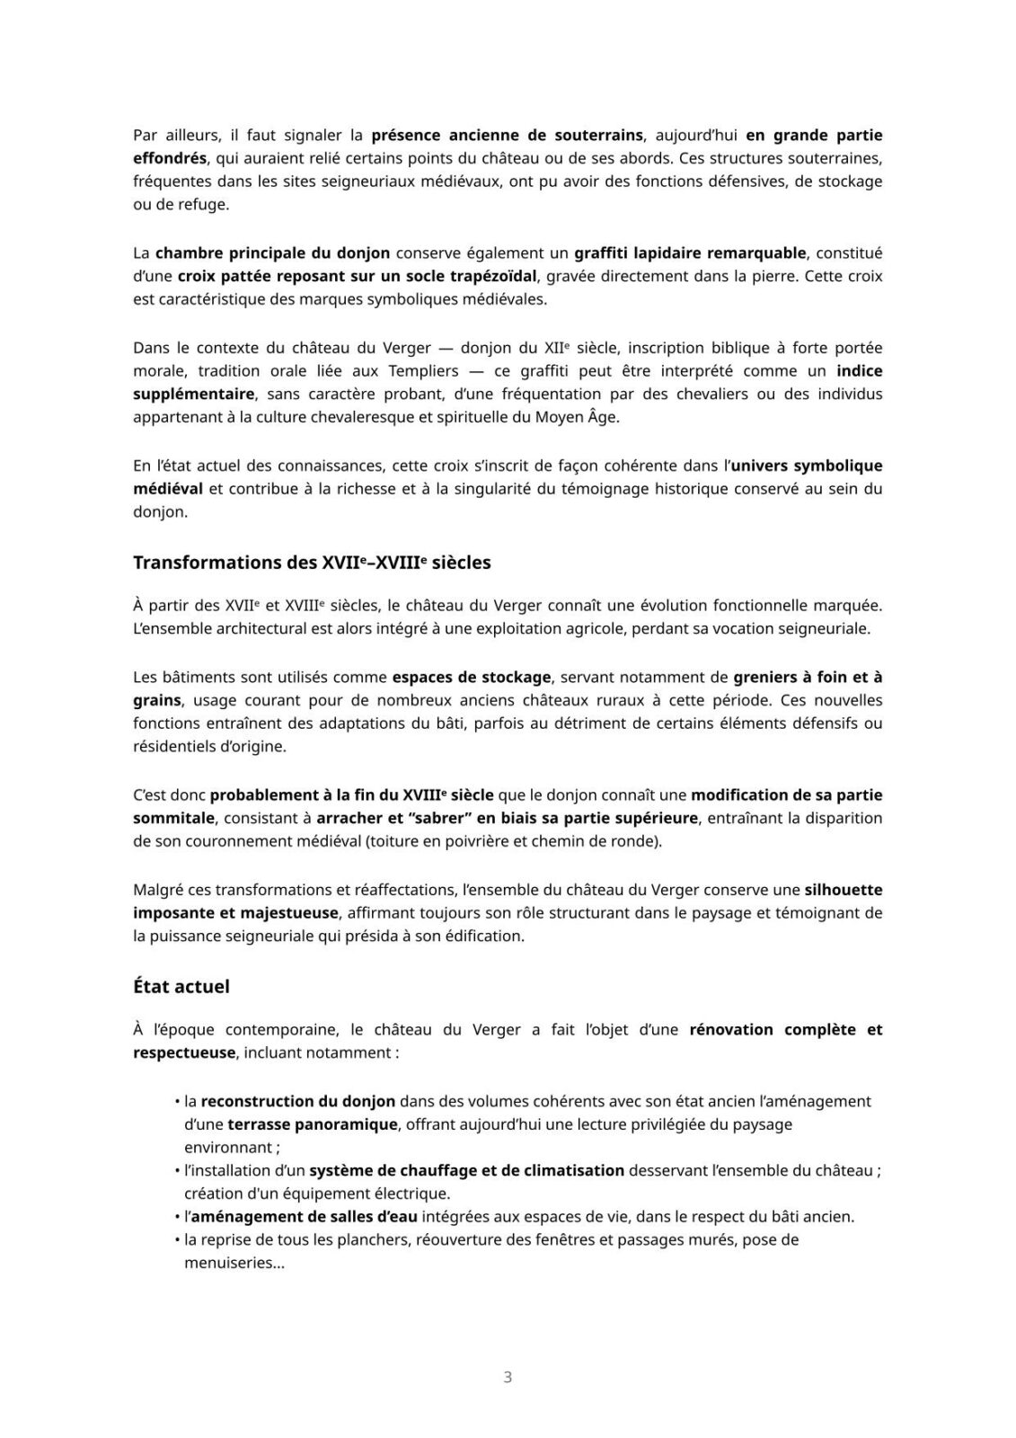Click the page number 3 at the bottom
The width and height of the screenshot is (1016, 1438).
pyautogui.click(x=508, y=1376)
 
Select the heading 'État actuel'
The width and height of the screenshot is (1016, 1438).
pyautogui.click(x=181, y=986)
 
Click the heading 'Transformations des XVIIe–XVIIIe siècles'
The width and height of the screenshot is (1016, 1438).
pyautogui.click(x=312, y=563)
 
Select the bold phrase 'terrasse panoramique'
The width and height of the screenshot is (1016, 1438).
pyautogui.click(x=312, y=1123)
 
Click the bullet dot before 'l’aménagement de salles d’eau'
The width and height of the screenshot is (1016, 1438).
pyautogui.click(x=177, y=1217)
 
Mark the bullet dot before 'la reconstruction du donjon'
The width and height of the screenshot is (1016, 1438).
pyautogui.click(x=177, y=1101)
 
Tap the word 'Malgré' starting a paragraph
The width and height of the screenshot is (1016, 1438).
pyautogui.click(x=157, y=890)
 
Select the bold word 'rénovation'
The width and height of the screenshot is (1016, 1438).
pyautogui.click(x=731, y=1029)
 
